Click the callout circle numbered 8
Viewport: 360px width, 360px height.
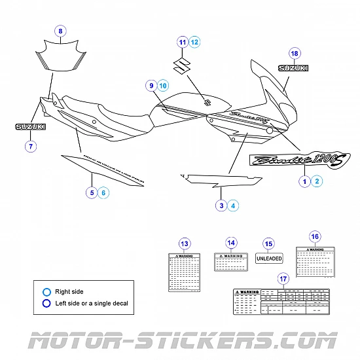(60, 31)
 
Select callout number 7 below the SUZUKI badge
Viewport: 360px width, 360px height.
(31, 146)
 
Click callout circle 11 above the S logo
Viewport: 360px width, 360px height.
(183, 42)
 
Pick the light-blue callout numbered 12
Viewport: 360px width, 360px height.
(194, 42)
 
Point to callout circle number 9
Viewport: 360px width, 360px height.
(151, 85)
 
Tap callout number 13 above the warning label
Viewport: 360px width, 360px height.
(185, 243)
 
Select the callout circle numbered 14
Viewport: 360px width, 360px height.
(230, 243)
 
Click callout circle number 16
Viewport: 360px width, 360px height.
(315, 236)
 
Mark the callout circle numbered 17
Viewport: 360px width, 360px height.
(282, 278)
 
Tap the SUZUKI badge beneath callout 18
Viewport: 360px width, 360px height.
(294, 68)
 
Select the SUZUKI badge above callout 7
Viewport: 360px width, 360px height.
(31, 126)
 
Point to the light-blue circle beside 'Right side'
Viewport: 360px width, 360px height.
(46, 291)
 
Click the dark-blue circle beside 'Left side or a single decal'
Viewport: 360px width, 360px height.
(46, 302)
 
